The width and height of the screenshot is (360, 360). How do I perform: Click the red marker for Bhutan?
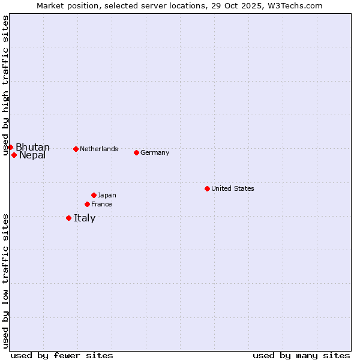(x=10, y=147)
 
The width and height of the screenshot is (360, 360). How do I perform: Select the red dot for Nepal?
(x=14, y=155)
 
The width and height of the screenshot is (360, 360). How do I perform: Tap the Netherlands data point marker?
(x=76, y=149)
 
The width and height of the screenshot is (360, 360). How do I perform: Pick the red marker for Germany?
(x=136, y=152)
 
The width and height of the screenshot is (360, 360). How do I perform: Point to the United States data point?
(x=207, y=188)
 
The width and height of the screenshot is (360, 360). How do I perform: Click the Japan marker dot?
(x=94, y=195)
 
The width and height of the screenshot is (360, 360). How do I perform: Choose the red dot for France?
(x=87, y=204)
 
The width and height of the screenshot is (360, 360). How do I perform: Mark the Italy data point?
(x=68, y=218)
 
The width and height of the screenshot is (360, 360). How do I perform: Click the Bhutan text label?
(x=32, y=148)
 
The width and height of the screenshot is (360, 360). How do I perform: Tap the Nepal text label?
(x=32, y=155)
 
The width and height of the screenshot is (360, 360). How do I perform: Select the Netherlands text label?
(x=99, y=149)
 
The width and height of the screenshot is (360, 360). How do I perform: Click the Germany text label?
(x=155, y=152)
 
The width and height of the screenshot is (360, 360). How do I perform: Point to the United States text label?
(x=233, y=188)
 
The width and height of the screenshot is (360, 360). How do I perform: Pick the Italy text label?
(x=85, y=218)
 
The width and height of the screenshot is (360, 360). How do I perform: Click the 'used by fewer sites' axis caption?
(x=62, y=355)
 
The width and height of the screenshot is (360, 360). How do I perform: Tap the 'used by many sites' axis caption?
(x=301, y=355)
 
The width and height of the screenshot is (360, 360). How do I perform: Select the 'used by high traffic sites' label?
(x=6, y=86)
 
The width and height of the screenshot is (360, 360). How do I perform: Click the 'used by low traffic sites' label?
(x=6, y=281)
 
